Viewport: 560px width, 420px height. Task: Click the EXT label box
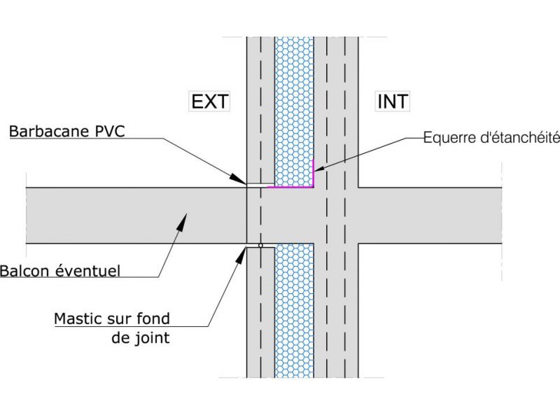(209, 101)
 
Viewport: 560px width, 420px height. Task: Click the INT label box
(393, 101)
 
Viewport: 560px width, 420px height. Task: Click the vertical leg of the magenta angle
(314, 174)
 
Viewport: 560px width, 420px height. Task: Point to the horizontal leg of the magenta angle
(290, 187)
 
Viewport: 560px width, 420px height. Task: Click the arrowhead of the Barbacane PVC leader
(242, 181)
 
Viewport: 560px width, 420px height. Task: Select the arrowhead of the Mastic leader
(242, 250)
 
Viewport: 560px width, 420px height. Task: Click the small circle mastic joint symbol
(260, 246)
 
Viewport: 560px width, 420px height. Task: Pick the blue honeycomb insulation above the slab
(293, 105)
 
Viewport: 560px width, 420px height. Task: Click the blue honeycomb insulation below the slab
(293, 315)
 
